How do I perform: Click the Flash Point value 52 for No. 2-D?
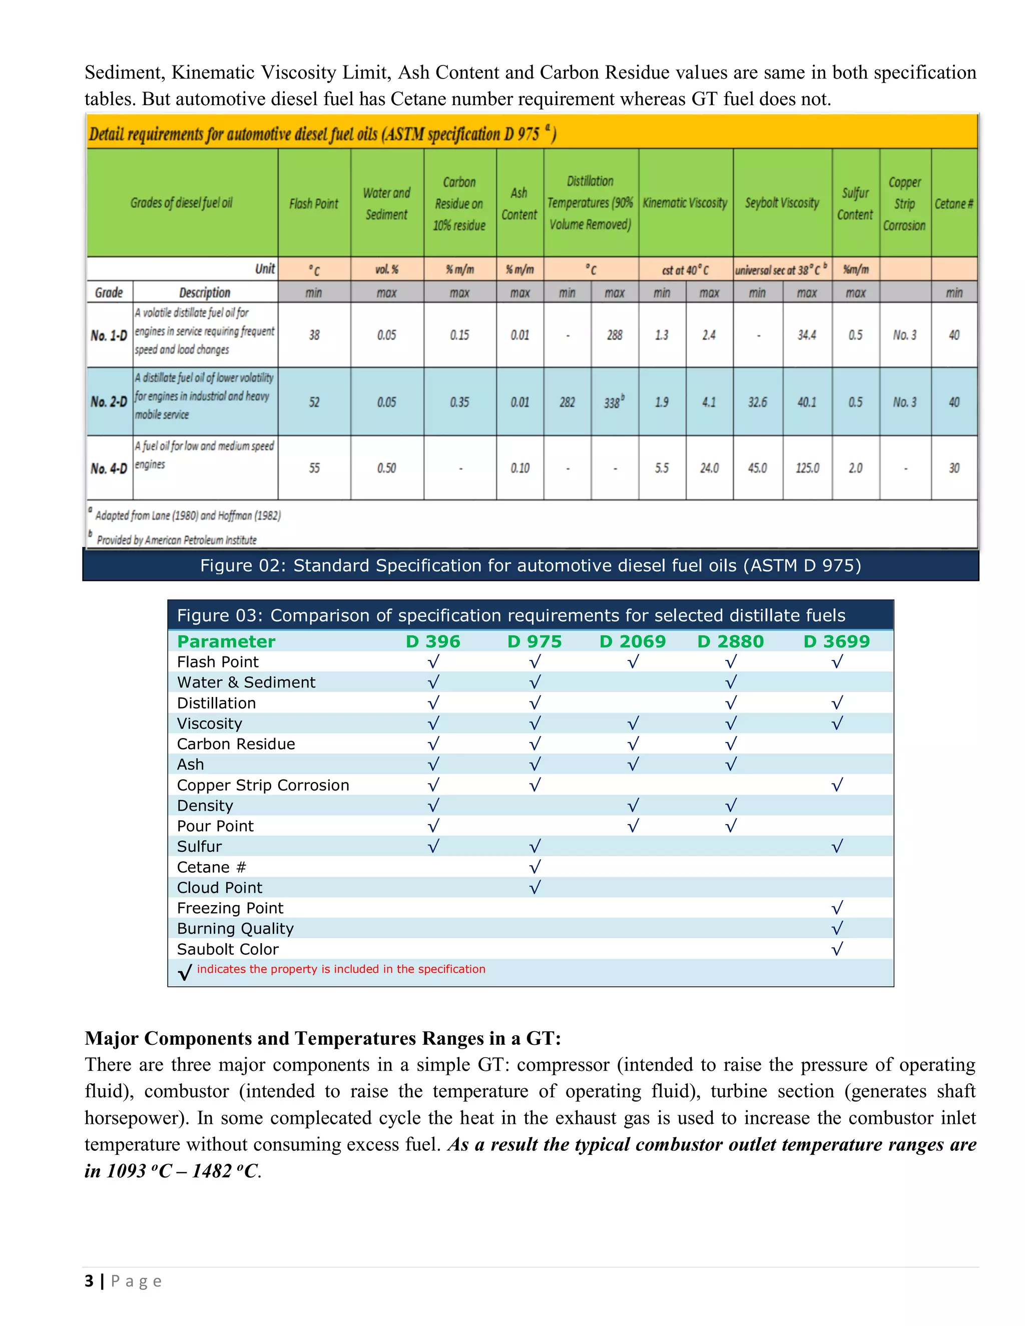(314, 402)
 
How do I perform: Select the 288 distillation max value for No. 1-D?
(615, 335)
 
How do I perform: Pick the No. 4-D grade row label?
(109, 469)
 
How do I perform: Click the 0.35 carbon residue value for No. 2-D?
(459, 402)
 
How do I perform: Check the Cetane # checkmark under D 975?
(535, 867)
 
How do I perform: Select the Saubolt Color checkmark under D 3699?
(837, 949)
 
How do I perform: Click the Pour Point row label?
(215, 826)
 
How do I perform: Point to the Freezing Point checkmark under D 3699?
(837, 908)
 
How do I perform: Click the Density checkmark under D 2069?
(633, 806)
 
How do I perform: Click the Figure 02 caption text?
(530, 566)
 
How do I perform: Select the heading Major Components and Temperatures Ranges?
(322, 1038)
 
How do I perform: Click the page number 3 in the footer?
(89, 1281)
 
